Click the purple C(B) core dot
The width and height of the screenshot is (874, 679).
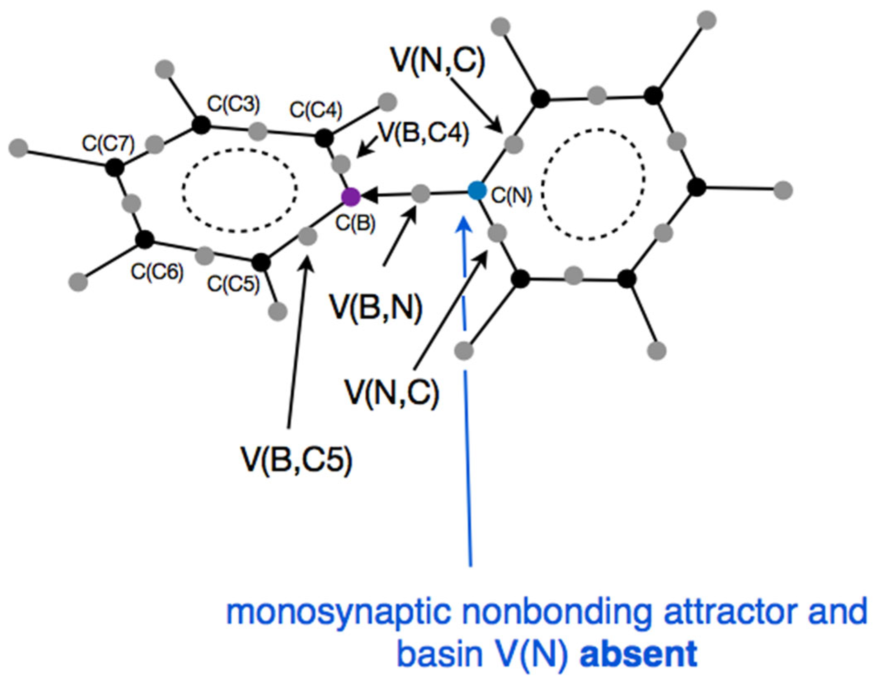click(x=351, y=197)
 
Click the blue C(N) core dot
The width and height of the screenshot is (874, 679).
click(x=477, y=191)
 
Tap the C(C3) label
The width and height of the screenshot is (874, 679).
click(x=233, y=104)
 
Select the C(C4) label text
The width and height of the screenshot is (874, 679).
click(x=316, y=110)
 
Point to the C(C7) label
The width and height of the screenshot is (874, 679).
click(x=108, y=144)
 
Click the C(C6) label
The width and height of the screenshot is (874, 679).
click(x=157, y=272)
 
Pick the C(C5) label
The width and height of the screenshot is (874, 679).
click(x=233, y=284)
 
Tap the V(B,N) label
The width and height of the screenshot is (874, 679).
click(x=376, y=308)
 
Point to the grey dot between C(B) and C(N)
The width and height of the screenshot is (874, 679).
click(x=421, y=193)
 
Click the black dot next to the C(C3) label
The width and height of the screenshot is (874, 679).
click(x=201, y=125)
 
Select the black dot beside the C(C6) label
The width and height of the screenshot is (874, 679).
click(x=145, y=240)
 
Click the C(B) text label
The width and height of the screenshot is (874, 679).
click(x=355, y=223)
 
